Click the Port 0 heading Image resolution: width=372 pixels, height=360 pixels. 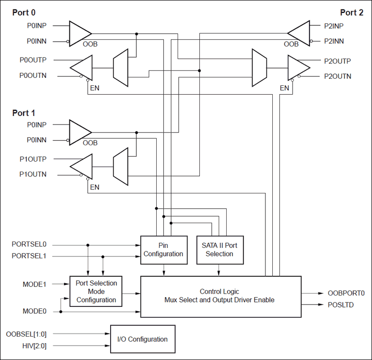[24, 12]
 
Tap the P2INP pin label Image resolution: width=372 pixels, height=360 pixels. [334, 25]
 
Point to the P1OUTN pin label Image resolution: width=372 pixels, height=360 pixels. [33, 175]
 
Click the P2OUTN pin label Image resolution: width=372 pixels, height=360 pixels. [337, 76]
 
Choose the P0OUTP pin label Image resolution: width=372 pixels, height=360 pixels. [33, 60]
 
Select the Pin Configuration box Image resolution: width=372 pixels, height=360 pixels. [164, 250]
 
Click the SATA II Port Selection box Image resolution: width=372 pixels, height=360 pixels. [219, 250]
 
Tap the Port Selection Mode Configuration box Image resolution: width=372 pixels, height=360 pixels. [96, 292]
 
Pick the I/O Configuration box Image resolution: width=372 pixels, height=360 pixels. [142, 339]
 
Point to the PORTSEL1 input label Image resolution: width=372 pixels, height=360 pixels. [29, 256]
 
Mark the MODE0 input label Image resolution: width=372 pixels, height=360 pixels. [35, 311]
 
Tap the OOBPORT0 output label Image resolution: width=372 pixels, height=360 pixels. [346, 293]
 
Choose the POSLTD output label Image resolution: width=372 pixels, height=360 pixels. [341, 305]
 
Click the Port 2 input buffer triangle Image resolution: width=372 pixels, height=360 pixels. [299, 33]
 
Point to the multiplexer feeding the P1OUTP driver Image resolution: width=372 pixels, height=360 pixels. [121, 167]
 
